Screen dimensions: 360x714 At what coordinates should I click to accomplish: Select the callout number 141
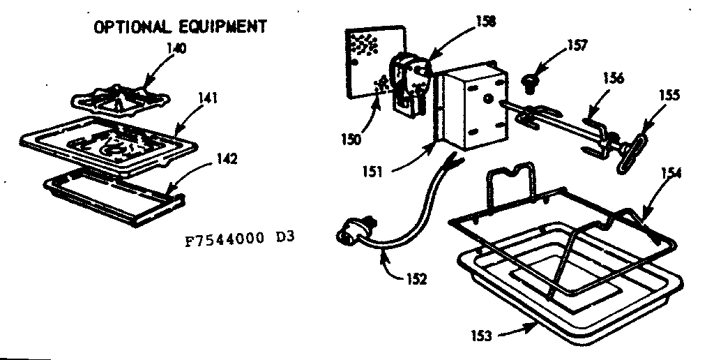point(206,99)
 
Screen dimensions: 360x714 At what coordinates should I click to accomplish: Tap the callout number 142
point(226,158)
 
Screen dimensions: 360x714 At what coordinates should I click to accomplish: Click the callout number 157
point(577,46)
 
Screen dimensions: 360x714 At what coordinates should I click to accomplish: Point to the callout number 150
point(351,137)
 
